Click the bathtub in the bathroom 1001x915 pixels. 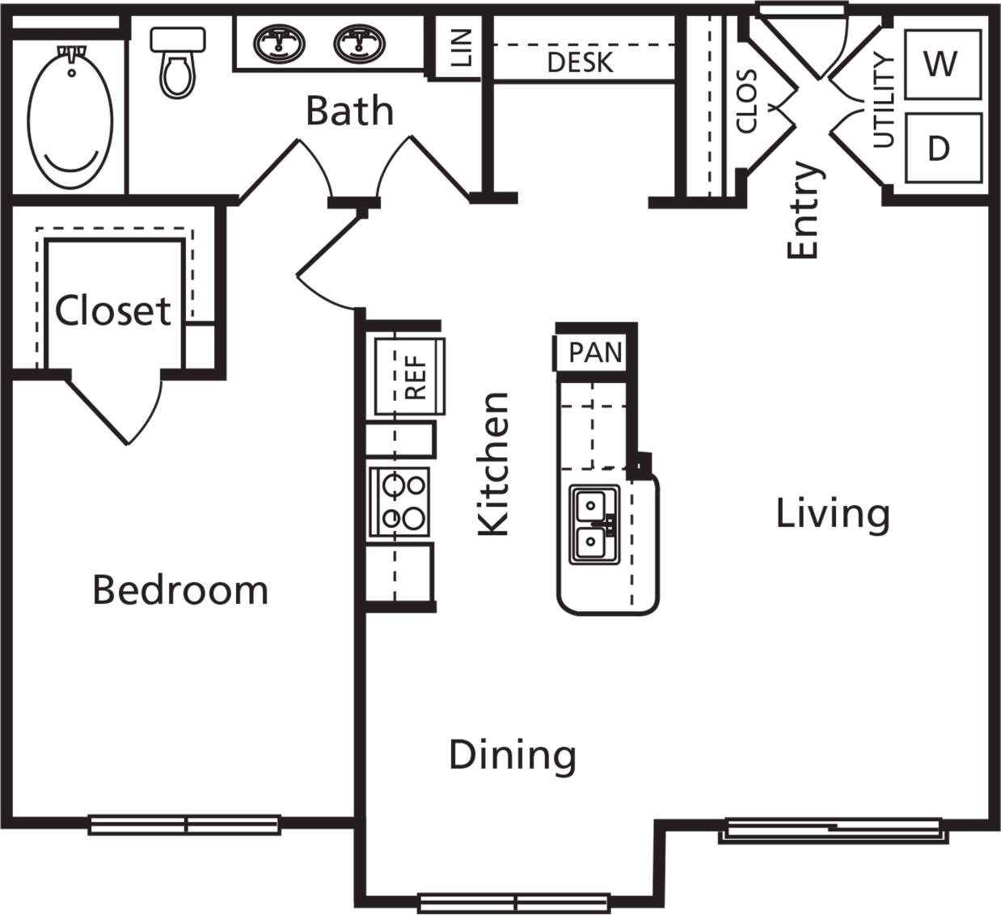coord(70,118)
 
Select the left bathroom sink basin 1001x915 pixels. coord(279,44)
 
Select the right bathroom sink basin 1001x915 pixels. coord(357,44)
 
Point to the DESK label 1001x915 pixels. coord(580,62)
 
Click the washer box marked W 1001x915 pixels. coord(940,63)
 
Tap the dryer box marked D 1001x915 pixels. coord(939,148)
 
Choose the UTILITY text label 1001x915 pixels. coord(885,101)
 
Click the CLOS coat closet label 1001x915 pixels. coord(746,101)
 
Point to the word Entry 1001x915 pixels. coord(804,211)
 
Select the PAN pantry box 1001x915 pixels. coord(595,352)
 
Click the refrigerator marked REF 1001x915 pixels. coord(410,377)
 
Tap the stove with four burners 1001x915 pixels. coord(400,501)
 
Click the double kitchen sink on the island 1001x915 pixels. coord(594,525)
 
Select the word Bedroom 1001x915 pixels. coord(180,590)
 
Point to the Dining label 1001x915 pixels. coord(513,755)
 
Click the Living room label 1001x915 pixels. coord(833,513)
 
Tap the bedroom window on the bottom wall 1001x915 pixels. coord(184,824)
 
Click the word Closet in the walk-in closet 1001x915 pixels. coord(113,310)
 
